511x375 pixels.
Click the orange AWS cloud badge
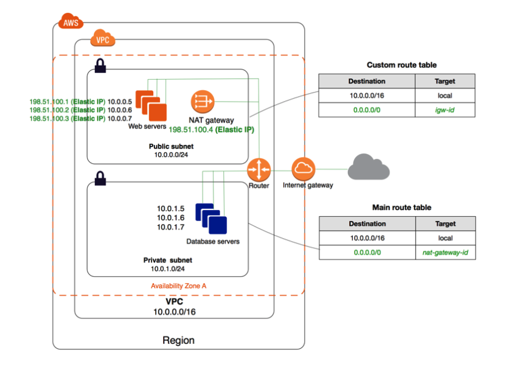tap(71, 23)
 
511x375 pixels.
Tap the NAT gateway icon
tap(201, 101)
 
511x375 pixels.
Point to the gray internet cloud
tap(368, 167)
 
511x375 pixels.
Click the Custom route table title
tap(401, 65)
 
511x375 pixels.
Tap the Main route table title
tap(401, 208)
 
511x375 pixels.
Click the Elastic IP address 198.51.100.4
tap(211, 130)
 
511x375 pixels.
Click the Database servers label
tap(213, 242)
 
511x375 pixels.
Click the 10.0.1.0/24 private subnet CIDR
tap(168, 268)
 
